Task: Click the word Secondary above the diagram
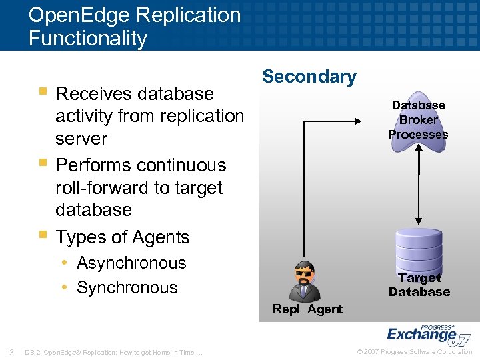pos(309,77)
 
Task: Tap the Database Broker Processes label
pos(418,120)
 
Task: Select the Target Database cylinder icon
pos(419,249)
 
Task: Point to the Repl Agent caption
pos(307,309)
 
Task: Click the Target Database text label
pos(419,285)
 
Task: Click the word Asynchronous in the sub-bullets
pos(131,263)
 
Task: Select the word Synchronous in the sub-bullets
pos(127,287)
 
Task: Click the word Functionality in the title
pos(87,38)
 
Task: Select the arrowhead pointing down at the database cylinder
pos(419,221)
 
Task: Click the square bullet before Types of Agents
pos(43,235)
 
